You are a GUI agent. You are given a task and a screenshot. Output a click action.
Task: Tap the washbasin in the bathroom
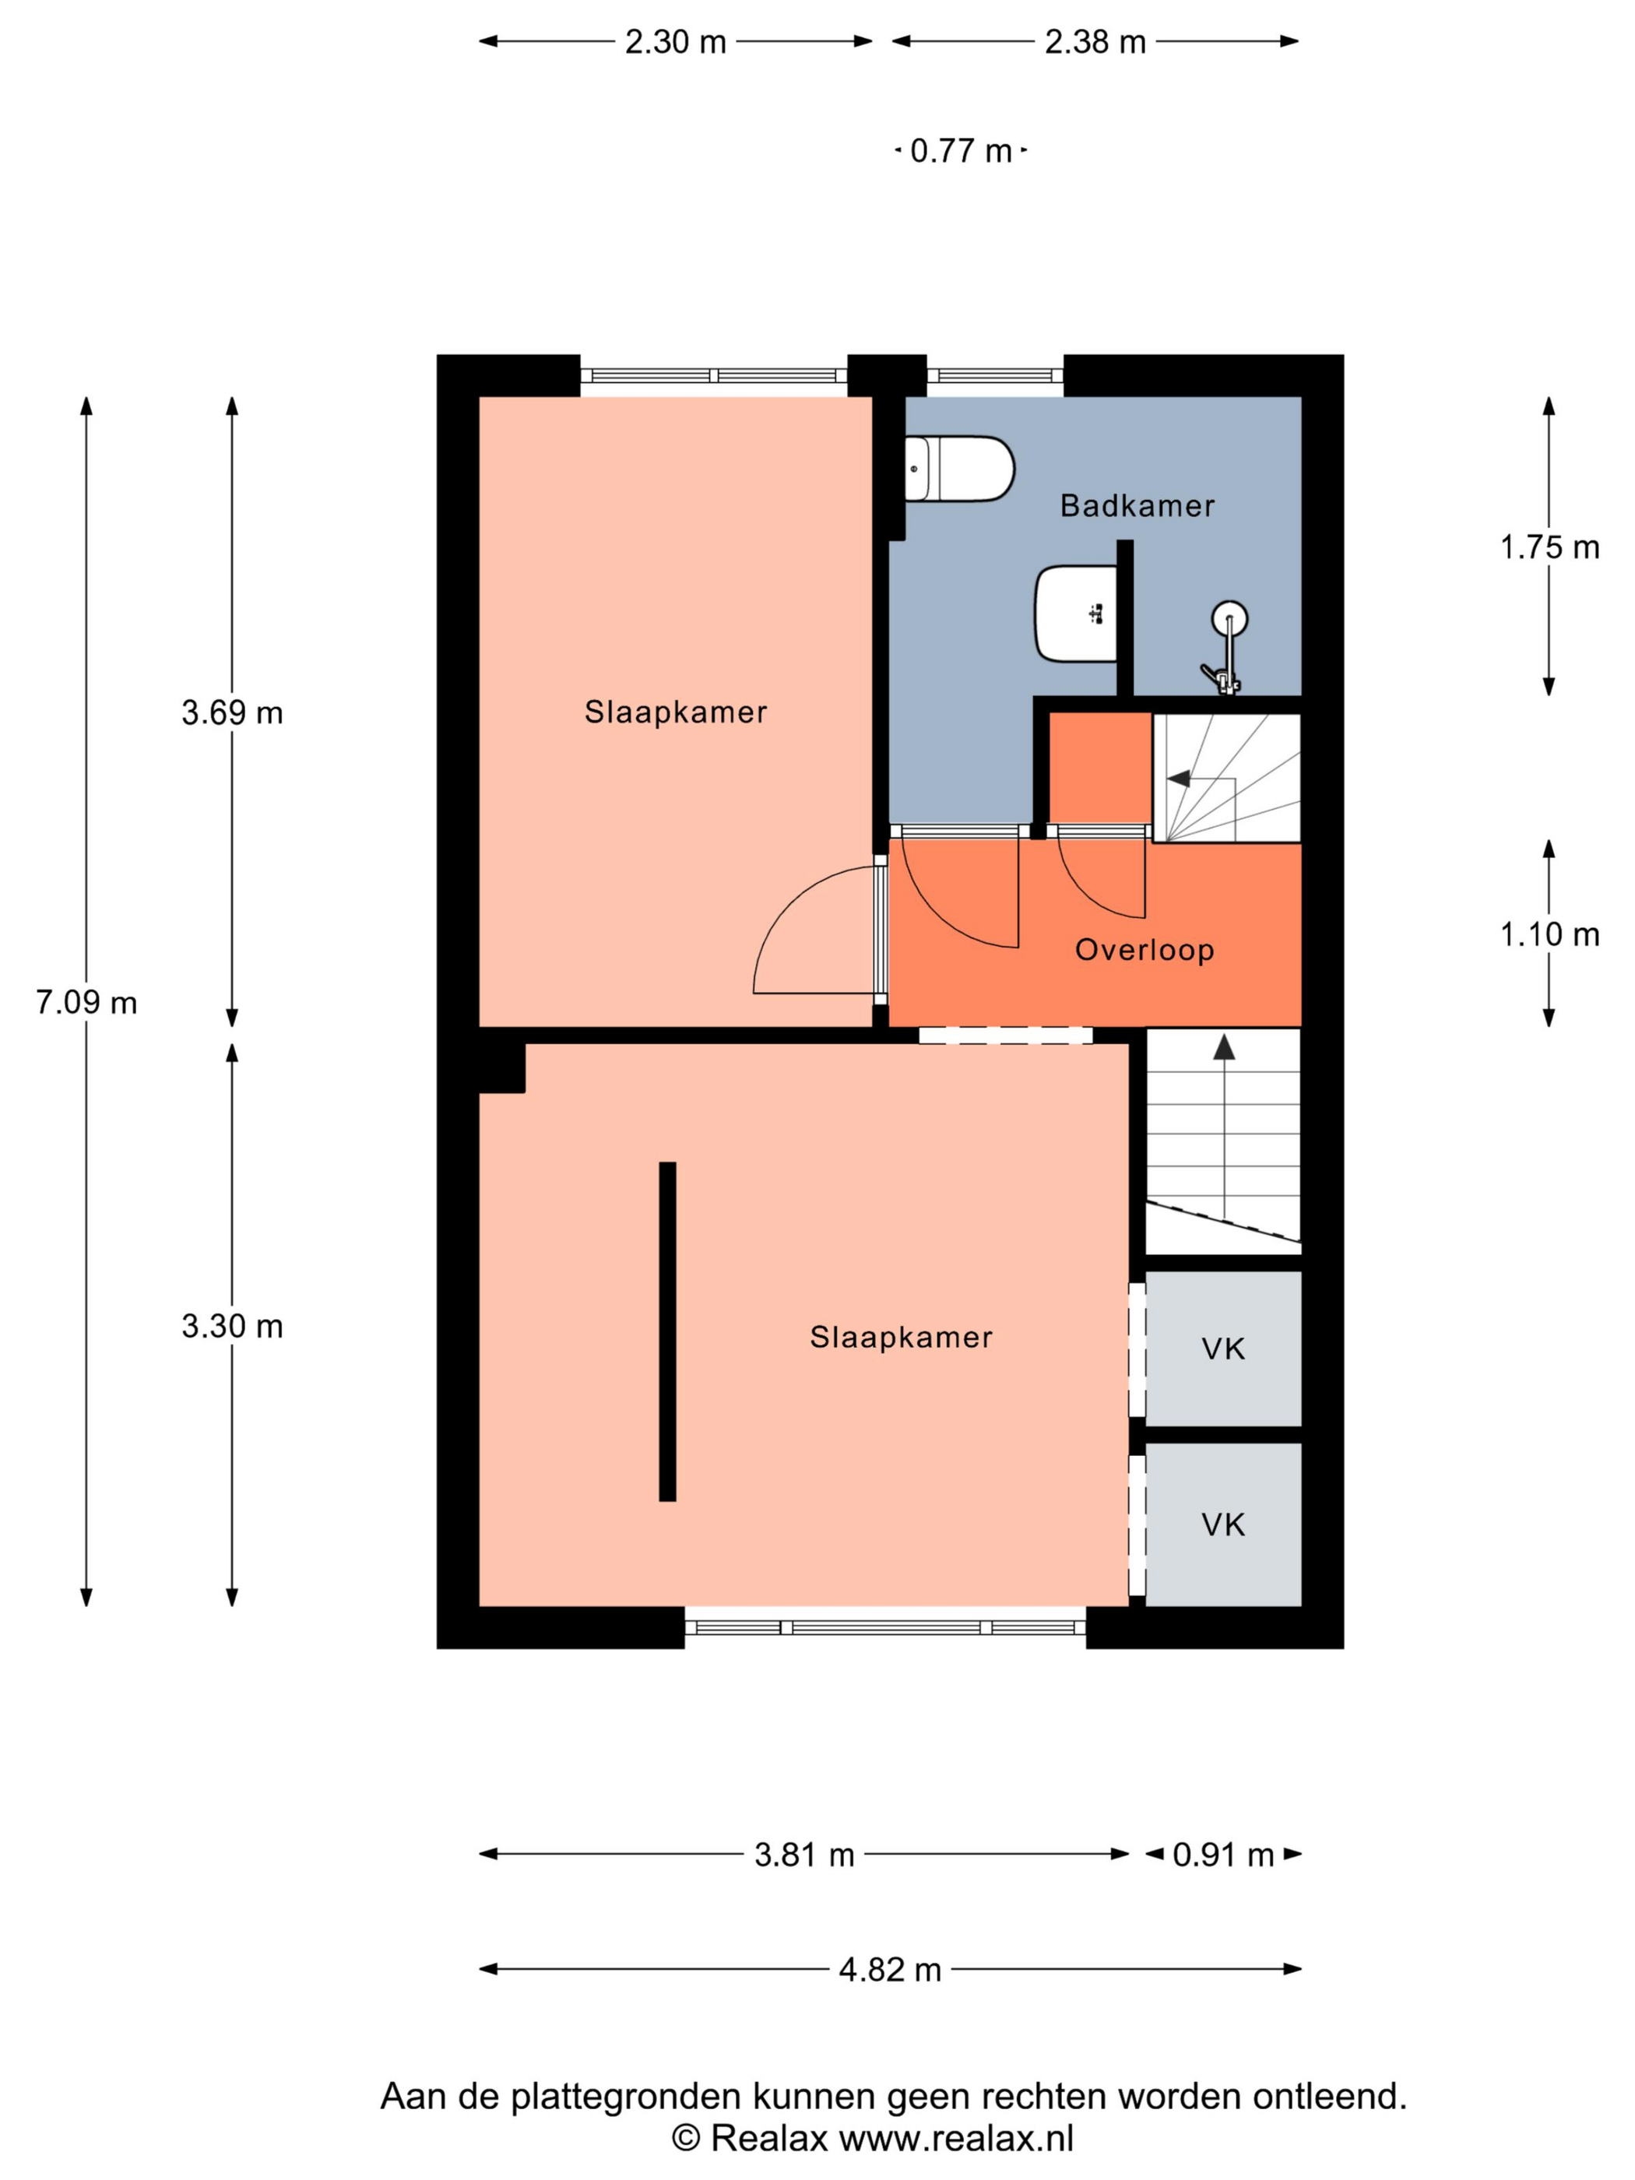click(1075, 613)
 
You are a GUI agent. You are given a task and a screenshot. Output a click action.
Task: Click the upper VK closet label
click(1223, 1349)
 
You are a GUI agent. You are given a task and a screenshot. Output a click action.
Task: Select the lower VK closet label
click(1223, 1524)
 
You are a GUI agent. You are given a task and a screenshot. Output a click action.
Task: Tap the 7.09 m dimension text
click(86, 1002)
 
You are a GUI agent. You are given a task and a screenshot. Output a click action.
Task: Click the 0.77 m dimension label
click(961, 151)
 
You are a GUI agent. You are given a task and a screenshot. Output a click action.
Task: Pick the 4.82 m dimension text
click(890, 1969)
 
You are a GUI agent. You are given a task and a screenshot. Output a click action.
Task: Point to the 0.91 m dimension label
click(1223, 1855)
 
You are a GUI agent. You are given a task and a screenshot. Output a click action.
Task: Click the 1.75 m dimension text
click(1549, 547)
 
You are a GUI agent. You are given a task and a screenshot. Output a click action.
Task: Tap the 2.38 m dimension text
click(1095, 42)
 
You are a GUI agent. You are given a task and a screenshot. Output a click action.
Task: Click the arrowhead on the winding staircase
click(1179, 779)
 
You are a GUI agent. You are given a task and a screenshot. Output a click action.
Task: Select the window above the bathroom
click(995, 375)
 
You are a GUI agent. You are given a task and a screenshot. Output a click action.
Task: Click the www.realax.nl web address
click(956, 2138)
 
